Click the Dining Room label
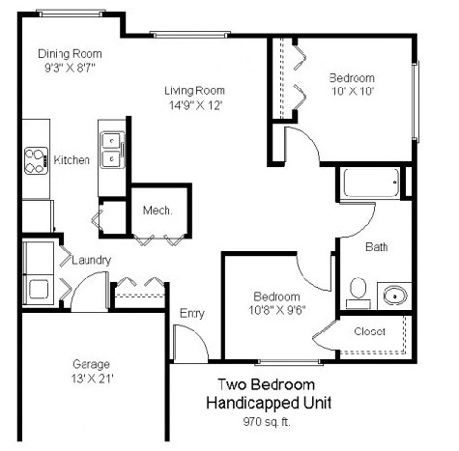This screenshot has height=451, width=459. coord(69,54)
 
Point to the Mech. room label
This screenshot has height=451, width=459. coord(157,211)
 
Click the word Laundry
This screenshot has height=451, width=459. coord(90,260)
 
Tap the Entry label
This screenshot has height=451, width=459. coord(191,313)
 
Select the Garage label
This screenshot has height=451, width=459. coord(92,364)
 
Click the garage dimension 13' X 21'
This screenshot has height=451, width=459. coord(93,379)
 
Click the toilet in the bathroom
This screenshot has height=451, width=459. coord(358,288)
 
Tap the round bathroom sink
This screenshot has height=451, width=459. coord(395,295)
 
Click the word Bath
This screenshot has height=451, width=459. coord(376,247)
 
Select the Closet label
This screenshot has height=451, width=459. coord(370,331)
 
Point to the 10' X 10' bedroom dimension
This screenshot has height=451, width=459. coord(350,92)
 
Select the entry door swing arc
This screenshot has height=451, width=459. coord(188,340)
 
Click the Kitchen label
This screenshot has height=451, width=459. coord(72,160)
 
